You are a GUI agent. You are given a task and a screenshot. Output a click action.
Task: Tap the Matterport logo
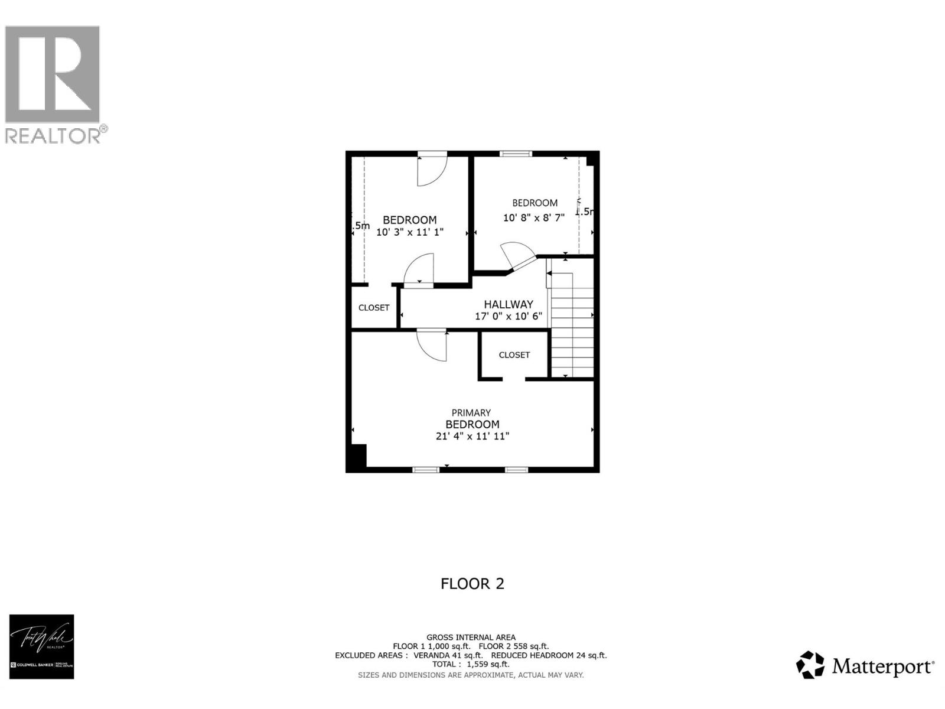tap(866, 666)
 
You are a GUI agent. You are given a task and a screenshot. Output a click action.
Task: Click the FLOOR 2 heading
tap(472, 584)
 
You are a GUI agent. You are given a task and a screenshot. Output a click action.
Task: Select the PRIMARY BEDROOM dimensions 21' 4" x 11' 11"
tap(472, 437)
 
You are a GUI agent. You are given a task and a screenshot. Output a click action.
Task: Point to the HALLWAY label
tap(509, 304)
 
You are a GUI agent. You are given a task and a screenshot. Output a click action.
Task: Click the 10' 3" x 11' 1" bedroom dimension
tap(410, 232)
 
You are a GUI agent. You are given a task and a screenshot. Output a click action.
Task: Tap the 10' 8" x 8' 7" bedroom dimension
tap(534, 217)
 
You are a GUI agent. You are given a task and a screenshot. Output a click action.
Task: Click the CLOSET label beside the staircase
tap(514, 355)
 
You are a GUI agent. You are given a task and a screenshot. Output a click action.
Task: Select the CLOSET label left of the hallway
tap(374, 308)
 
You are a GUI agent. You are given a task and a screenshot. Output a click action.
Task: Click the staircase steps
tap(572, 331)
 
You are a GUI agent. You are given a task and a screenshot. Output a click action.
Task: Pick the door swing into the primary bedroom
tap(432, 345)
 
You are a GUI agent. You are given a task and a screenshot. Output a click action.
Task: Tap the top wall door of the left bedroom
tap(432, 170)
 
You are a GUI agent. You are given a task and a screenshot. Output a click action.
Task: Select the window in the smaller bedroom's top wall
tap(516, 154)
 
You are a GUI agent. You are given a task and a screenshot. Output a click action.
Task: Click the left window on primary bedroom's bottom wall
tap(426, 470)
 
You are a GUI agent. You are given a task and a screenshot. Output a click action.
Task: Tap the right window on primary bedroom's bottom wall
tap(516, 470)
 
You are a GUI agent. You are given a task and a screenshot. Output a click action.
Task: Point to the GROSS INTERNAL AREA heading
tap(471, 638)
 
